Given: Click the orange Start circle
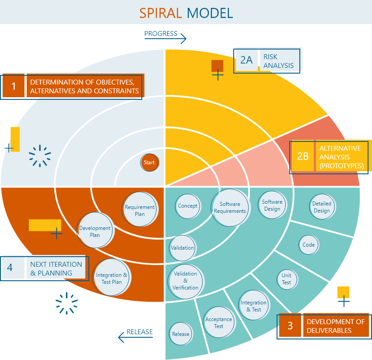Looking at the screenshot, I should click(x=149, y=162).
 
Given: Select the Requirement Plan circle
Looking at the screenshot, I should click(x=140, y=210).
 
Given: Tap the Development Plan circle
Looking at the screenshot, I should click(x=95, y=231).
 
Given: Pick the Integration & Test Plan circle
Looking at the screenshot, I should click(x=112, y=278).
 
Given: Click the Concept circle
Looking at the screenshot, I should click(x=187, y=206).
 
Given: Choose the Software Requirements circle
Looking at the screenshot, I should click(x=230, y=207).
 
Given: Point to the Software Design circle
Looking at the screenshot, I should click(x=272, y=205).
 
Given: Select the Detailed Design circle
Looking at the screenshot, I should click(x=322, y=207).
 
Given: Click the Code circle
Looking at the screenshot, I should click(x=309, y=245).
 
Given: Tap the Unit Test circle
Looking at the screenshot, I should click(x=286, y=279).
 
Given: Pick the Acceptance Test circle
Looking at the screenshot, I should click(x=218, y=323).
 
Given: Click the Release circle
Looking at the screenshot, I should click(x=181, y=334).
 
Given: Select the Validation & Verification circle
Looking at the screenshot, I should click(x=186, y=281).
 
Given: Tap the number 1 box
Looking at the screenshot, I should click(x=14, y=86).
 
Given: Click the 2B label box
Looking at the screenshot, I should click(x=303, y=156).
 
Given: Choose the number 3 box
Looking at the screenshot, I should click(x=290, y=326).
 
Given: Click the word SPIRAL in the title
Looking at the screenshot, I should click(x=161, y=13).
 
